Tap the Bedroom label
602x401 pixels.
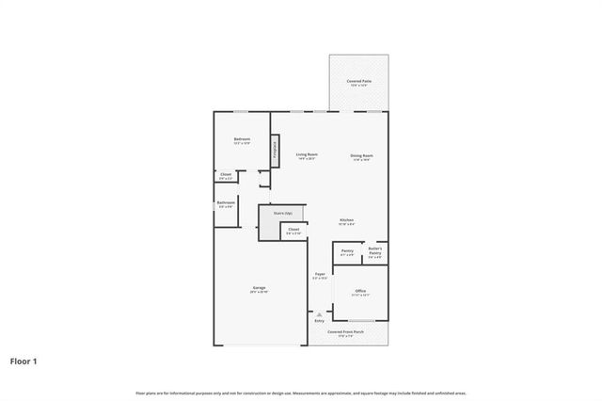point(242,140)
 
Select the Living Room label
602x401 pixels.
point(307,155)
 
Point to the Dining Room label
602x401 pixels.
point(362,156)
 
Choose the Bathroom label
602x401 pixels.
point(226,203)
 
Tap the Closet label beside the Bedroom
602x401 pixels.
point(226,175)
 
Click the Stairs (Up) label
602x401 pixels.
point(283,214)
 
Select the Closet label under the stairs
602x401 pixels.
point(293,231)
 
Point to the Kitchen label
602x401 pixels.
point(346,221)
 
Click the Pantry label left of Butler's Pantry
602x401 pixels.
point(347,252)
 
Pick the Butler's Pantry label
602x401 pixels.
point(374,251)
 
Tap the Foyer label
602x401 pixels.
point(320,276)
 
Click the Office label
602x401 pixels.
point(360,293)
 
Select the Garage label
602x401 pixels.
point(259,289)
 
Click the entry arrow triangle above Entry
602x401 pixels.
point(320,314)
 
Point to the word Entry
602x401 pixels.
point(320,322)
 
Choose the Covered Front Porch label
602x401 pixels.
point(341,333)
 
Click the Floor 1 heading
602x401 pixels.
point(24,361)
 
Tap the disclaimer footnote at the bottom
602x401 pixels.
point(300,393)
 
